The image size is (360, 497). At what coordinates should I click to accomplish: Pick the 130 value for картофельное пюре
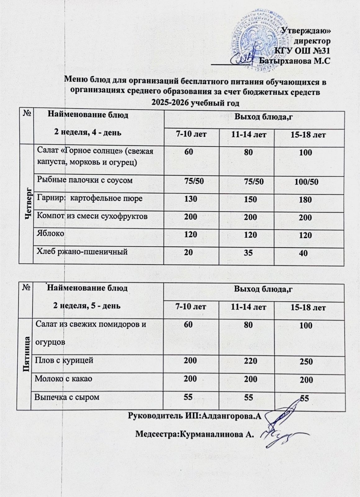(x=191, y=199)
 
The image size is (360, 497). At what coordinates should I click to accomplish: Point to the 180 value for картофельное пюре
(x=305, y=200)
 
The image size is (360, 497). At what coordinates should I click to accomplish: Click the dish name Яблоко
(x=51, y=233)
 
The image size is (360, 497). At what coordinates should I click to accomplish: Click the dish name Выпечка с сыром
(x=67, y=397)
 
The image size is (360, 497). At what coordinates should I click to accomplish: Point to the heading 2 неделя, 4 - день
(x=88, y=132)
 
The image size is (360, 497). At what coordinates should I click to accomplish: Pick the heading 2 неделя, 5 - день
(x=87, y=305)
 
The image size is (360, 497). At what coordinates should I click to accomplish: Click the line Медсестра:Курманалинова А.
(x=195, y=434)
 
